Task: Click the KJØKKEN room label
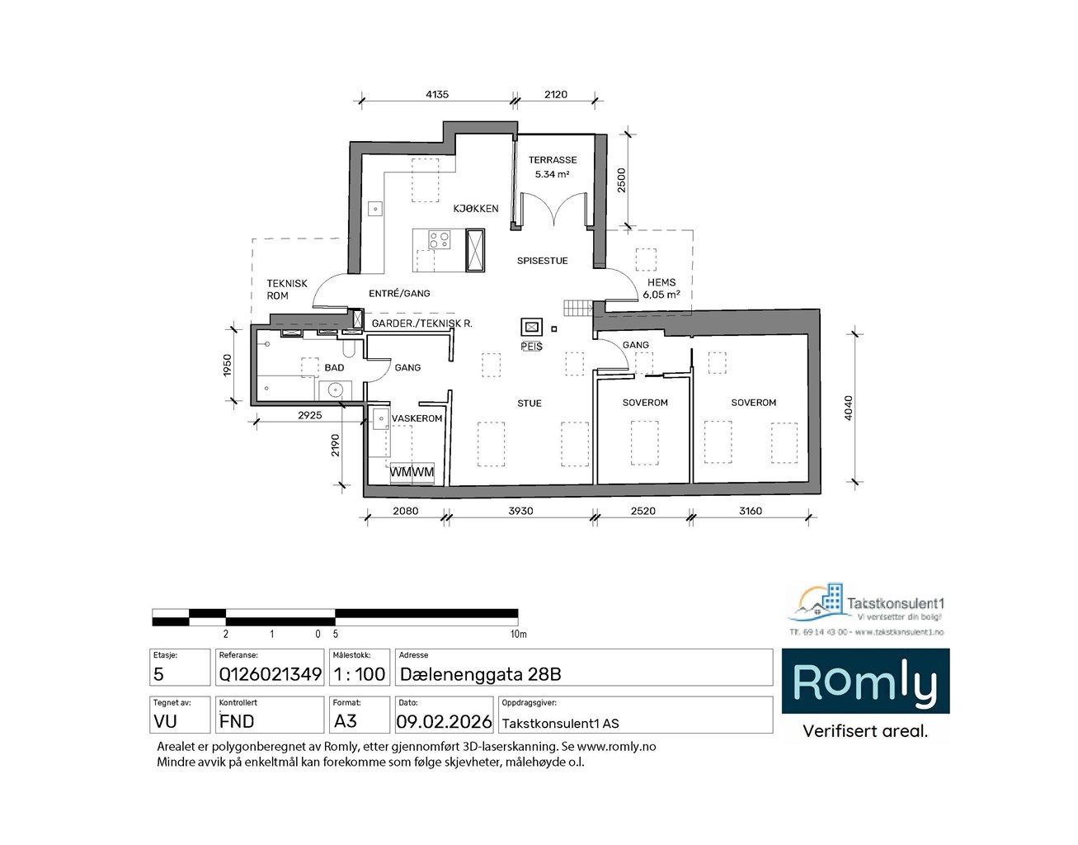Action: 475,209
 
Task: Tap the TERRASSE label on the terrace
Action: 553,160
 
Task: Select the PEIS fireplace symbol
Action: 531,327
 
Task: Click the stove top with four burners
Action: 439,240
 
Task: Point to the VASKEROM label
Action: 417,418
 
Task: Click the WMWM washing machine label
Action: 412,472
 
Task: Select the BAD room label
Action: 334,367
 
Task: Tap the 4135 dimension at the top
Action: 436,94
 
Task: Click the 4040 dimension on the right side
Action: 849,408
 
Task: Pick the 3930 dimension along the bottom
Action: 520,511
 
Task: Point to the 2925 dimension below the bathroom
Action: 309,415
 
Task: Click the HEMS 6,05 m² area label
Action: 661,288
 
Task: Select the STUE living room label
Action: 530,404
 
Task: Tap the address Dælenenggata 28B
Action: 480,674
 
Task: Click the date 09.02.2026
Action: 444,722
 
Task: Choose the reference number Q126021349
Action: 270,674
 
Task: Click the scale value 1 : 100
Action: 359,674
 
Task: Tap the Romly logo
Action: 864,682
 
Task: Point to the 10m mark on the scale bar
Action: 517,635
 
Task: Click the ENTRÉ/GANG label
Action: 399,293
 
